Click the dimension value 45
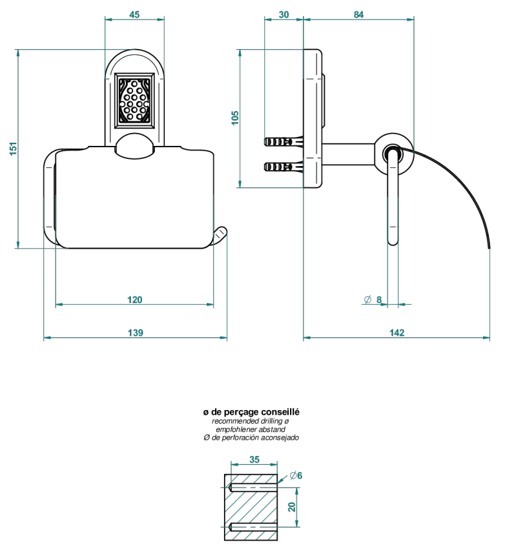(x=134, y=15)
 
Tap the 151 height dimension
(x=13, y=149)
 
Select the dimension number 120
(x=134, y=300)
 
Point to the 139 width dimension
(x=136, y=333)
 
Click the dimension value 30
(x=284, y=15)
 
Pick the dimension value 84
(x=358, y=15)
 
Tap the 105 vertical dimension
(x=235, y=118)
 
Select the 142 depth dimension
(x=397, y=333)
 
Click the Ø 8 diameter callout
(x=373, y=300)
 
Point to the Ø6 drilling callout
(x=296, y=475)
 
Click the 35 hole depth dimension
(x=254, y=460)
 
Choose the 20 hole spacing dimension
(x=291, y=507)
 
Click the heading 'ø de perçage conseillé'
(x=251, y=412)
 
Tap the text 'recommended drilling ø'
(x=251, y=421)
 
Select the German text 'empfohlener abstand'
(x=251, y=429)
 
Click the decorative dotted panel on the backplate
(x=134, y=101)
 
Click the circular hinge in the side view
(x=394, y=153)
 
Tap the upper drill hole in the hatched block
(x=253, y=488)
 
